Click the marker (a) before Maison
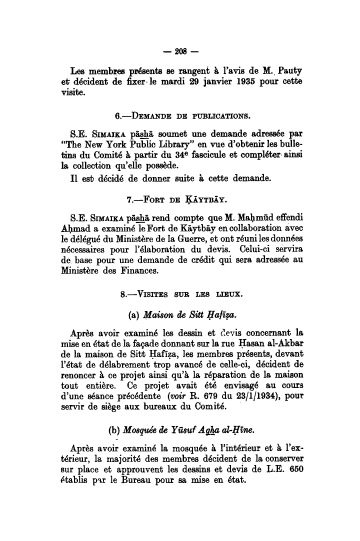[133, 315]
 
